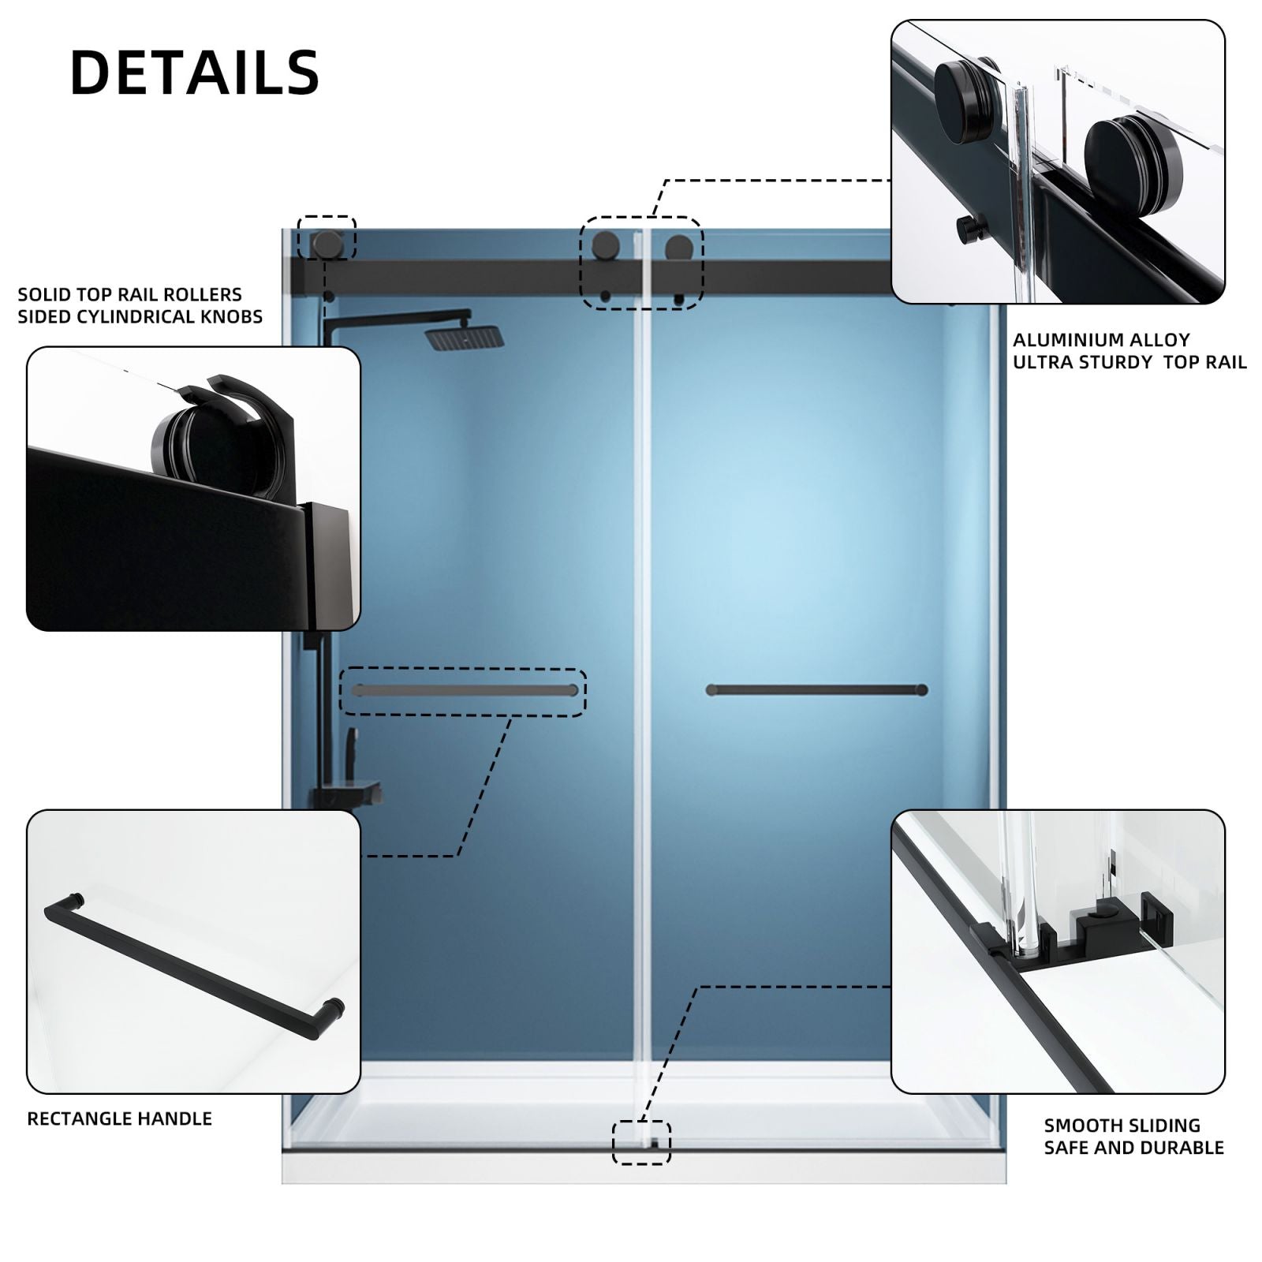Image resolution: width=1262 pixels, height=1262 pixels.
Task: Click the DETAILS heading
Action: [195, 73]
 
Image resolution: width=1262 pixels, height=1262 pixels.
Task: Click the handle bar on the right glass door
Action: [816, 690]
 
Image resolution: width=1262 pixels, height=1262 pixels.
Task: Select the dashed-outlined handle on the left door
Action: [465, 691]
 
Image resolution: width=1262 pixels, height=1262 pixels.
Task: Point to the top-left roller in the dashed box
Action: [327, 244]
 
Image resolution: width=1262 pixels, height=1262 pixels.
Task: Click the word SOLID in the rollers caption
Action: [43, 294]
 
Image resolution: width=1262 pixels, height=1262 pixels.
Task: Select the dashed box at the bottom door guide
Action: [641, 1142]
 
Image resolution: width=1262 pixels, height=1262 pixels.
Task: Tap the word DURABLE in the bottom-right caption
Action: [1186, 1148]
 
